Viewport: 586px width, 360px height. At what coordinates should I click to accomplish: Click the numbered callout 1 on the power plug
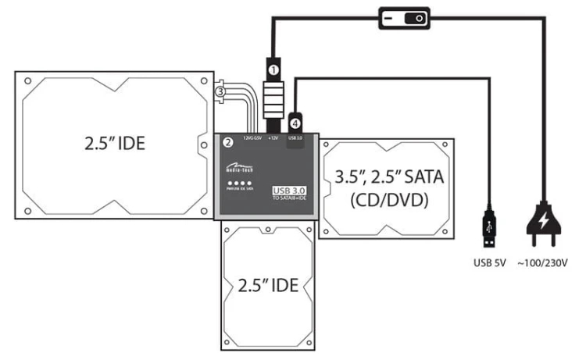(x=273, y=69)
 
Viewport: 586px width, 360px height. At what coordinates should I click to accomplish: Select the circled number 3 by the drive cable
(x=220, y=92)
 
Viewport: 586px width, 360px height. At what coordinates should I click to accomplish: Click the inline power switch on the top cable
(x=404, y=17)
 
